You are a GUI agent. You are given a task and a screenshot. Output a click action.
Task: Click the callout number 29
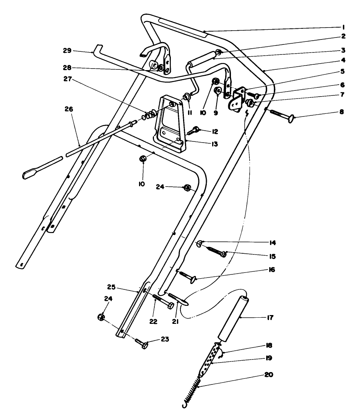(x=67, y=51)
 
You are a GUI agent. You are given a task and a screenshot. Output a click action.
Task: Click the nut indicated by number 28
(x=161, y=68)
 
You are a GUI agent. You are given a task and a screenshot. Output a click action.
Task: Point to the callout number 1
(x=344, y=27)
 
